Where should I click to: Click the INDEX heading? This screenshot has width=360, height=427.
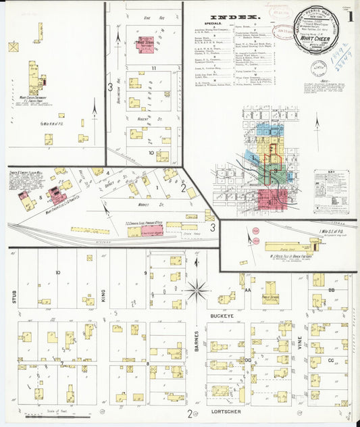(234, 17)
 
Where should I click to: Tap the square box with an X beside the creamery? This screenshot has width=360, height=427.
(13, 47)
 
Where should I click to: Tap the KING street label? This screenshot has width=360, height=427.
(103, 296)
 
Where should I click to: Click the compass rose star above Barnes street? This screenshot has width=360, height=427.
(197, 291)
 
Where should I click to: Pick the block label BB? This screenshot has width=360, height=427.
(330, 289)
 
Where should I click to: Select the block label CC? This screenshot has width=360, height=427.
(330, 360)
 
